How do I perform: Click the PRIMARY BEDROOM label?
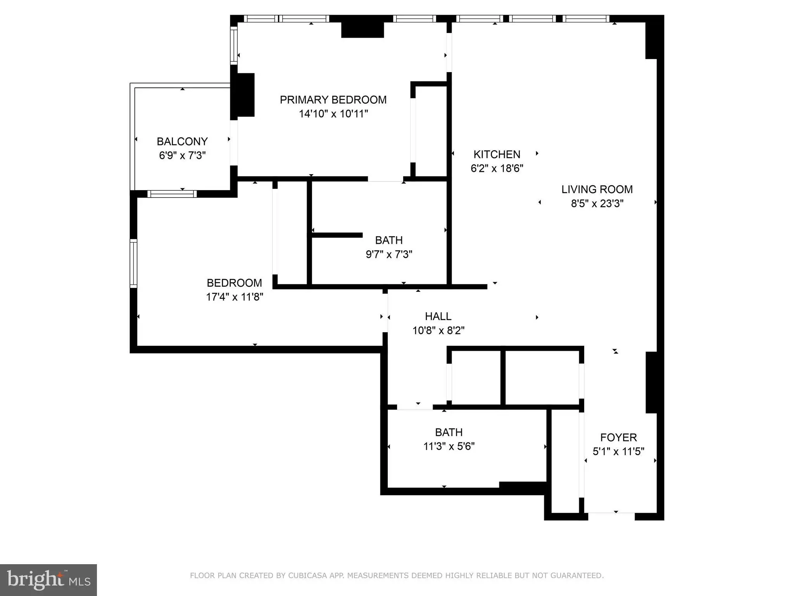click(333, 100)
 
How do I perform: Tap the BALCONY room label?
click(182, 142)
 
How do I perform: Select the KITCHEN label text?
click(497, 154)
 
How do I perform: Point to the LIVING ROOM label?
click(597, 189)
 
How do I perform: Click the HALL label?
click(438, 317)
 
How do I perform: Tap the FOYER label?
click(618, 438)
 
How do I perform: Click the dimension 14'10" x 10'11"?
click(333, 114)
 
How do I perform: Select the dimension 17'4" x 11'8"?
click(235, 297)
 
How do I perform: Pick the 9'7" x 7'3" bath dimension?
click(389, 255)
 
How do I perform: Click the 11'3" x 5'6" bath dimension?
click(449, 446)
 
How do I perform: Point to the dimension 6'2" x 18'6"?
click(497, 168)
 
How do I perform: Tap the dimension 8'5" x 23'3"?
click(597, 203)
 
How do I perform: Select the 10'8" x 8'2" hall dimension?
click(438, 331)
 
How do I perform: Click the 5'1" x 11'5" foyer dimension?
click(618, 452)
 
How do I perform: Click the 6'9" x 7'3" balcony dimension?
click(182, 156)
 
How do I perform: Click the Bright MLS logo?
click(48, 580)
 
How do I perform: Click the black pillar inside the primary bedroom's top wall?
click(362, 30)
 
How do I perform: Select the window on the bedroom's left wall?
click(133, 263)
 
